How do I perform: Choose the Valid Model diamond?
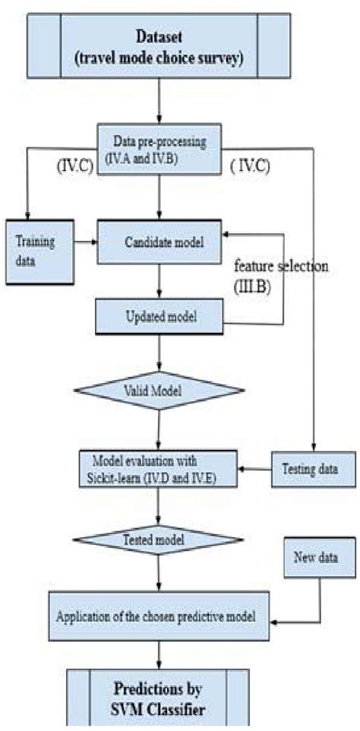click(x=157, y=390)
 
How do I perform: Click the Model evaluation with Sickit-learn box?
click(x=157, y=469)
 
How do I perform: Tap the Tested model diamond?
click(x=157, y=540)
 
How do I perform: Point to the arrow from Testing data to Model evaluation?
click(x=254, y=470)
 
